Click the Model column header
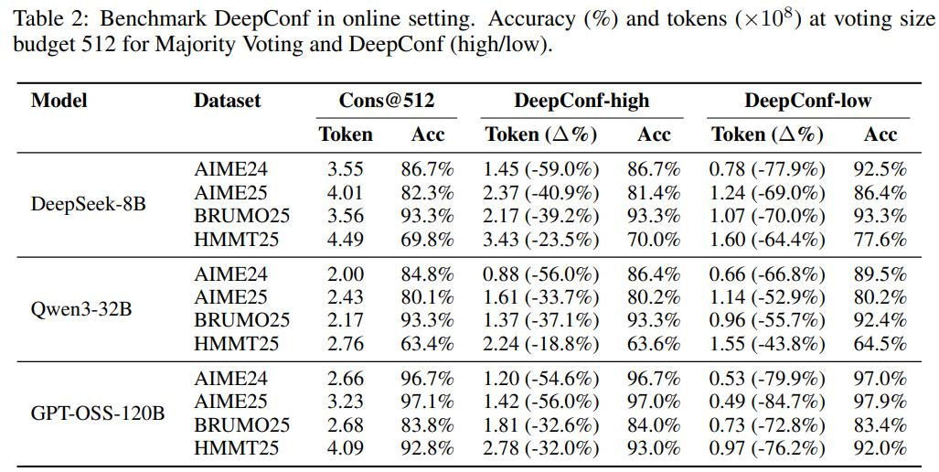click(59, 100)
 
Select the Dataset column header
click(228, 100)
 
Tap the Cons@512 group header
click(386, 100)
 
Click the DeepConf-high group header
click(582, 101)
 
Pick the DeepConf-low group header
click(808, 101)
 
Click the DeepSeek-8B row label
click(88, 204)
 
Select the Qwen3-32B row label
click(80, 309)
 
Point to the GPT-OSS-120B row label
click(98, 413)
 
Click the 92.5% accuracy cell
click(880, 169)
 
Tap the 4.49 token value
click(345, 239)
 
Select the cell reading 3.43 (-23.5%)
click(540, 240)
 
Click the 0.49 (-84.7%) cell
click(767, 402)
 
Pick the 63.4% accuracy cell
click(427, 344)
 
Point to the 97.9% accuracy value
click(880, 402)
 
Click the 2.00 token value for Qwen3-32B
click(345, 274)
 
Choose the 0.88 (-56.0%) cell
click(540, 274)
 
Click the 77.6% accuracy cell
click(880, 239)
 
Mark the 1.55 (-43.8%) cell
click(767, 345)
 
